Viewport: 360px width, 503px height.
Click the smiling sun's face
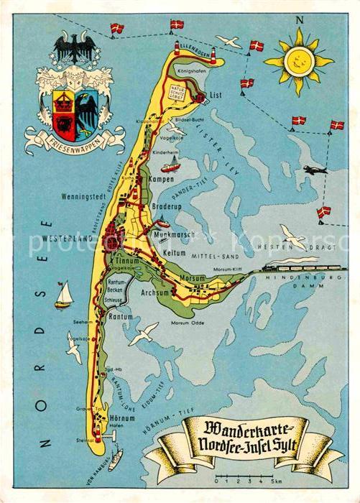[298, 61]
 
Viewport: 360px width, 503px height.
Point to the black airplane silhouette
[314, 170]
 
